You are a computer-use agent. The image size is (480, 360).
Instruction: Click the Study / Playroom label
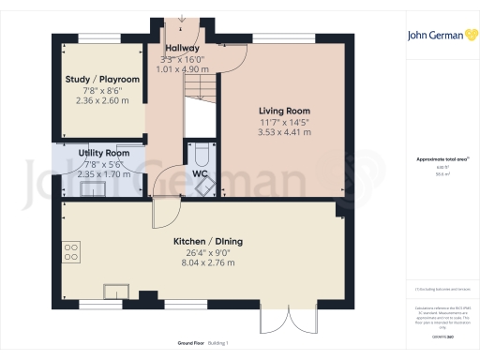coord(102,80)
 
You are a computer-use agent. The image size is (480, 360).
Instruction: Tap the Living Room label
coord(284,110)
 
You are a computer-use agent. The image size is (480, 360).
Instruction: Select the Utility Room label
coord(103,153)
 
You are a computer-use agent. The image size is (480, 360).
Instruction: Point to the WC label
coord(200,174)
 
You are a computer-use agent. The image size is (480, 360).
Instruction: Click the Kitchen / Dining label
coord(207,242)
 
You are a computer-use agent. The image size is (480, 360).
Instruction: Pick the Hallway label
coord(180,48)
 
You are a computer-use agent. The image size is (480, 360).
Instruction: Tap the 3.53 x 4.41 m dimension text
coord(284,132)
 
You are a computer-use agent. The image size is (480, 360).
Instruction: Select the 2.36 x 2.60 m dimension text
coord(102,100)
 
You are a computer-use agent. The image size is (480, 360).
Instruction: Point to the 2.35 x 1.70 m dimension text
coord(103,173)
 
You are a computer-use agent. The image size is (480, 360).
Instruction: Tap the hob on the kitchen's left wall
coord(69,251)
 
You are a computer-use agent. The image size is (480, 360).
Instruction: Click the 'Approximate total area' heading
coord(440,159)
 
